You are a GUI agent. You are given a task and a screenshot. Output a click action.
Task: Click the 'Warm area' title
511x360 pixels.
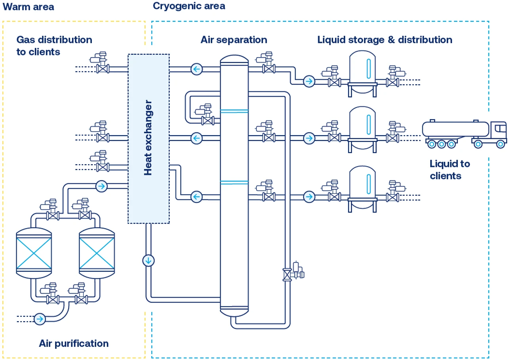point(28,7)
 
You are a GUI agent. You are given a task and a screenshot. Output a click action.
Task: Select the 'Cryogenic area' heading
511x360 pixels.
point(189,6)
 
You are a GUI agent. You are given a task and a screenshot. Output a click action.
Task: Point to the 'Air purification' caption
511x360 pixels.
point(74,343)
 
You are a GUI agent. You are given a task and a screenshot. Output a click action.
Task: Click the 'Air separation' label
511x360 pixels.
point(234,40)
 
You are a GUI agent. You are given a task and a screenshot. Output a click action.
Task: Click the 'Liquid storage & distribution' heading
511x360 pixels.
point(385,40)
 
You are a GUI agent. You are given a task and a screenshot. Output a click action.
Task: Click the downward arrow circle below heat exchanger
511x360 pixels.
point(148,260)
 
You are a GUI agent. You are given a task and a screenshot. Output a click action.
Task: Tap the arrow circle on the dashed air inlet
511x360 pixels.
point(40,318)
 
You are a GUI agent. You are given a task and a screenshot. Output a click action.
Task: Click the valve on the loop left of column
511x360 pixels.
point(207,120)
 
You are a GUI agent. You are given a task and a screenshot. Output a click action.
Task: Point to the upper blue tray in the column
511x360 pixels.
point(234,111)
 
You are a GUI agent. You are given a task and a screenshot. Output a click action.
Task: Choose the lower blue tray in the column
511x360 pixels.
point(234,182)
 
